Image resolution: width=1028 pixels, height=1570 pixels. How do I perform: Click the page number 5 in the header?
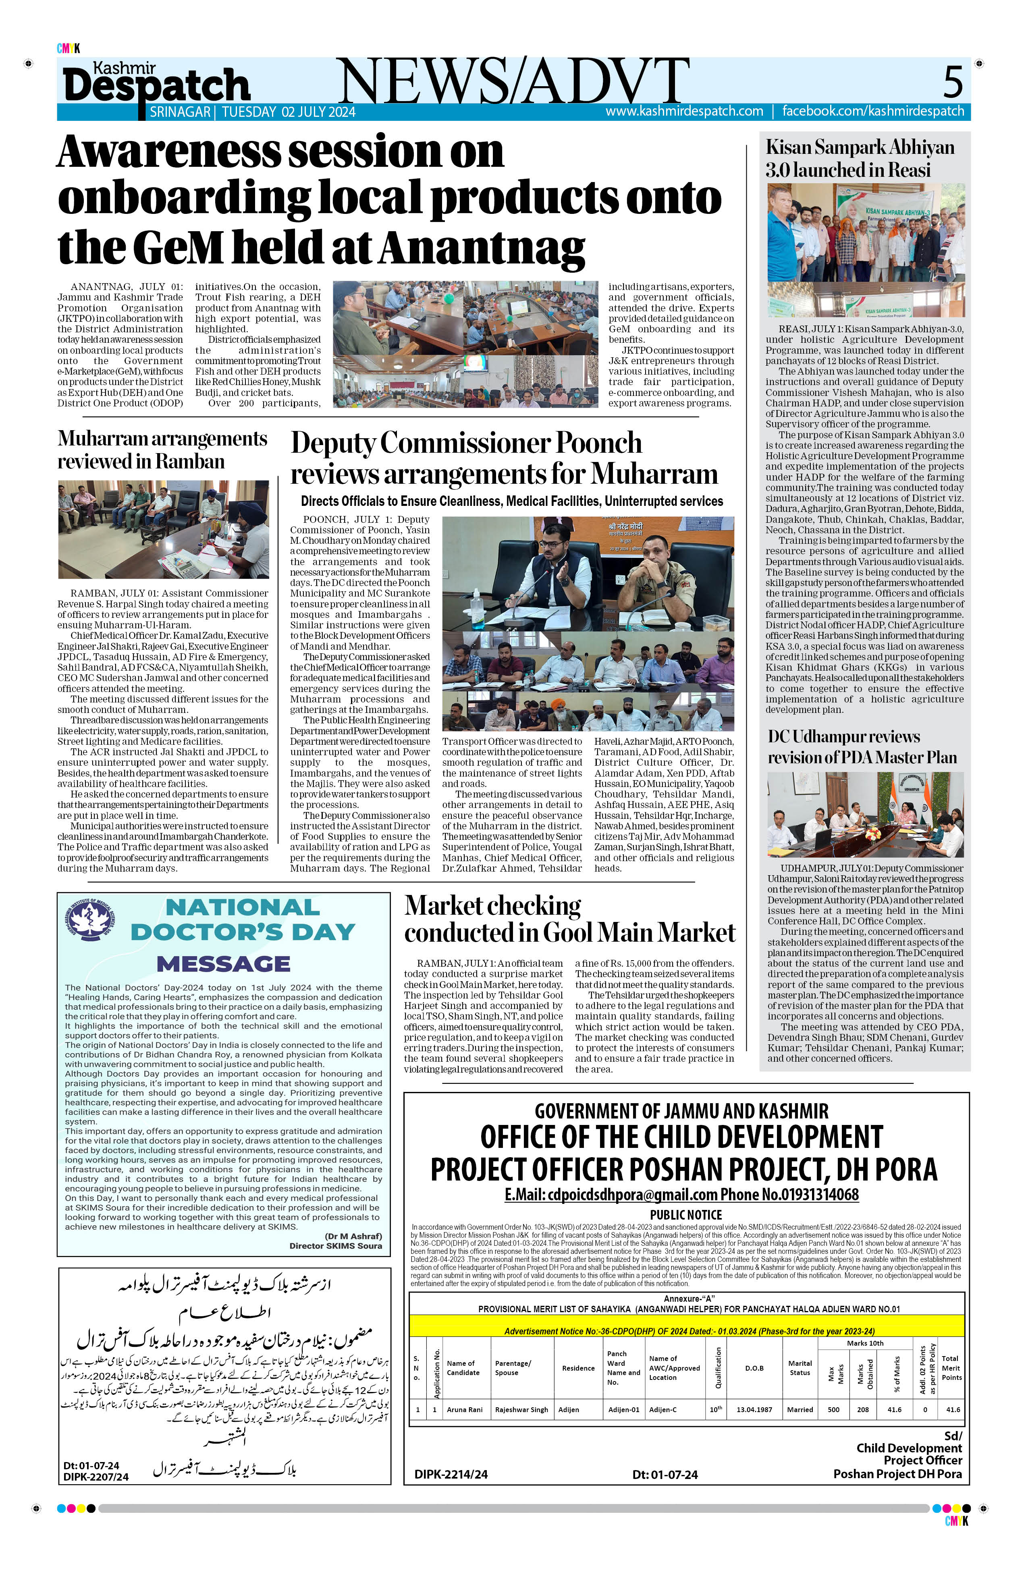point(952,82)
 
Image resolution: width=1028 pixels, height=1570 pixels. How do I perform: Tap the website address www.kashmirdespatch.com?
point(684,112)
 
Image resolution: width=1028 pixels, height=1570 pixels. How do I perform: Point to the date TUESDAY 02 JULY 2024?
point(289,112)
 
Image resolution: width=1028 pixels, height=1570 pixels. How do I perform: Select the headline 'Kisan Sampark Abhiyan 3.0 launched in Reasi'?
point(860,158)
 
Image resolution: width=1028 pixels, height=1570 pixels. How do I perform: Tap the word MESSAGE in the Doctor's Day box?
point(223,964)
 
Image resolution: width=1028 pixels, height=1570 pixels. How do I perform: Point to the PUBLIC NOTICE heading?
point(685,1214)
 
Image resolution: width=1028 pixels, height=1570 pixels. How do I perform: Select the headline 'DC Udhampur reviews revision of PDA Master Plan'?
point(862,747)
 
